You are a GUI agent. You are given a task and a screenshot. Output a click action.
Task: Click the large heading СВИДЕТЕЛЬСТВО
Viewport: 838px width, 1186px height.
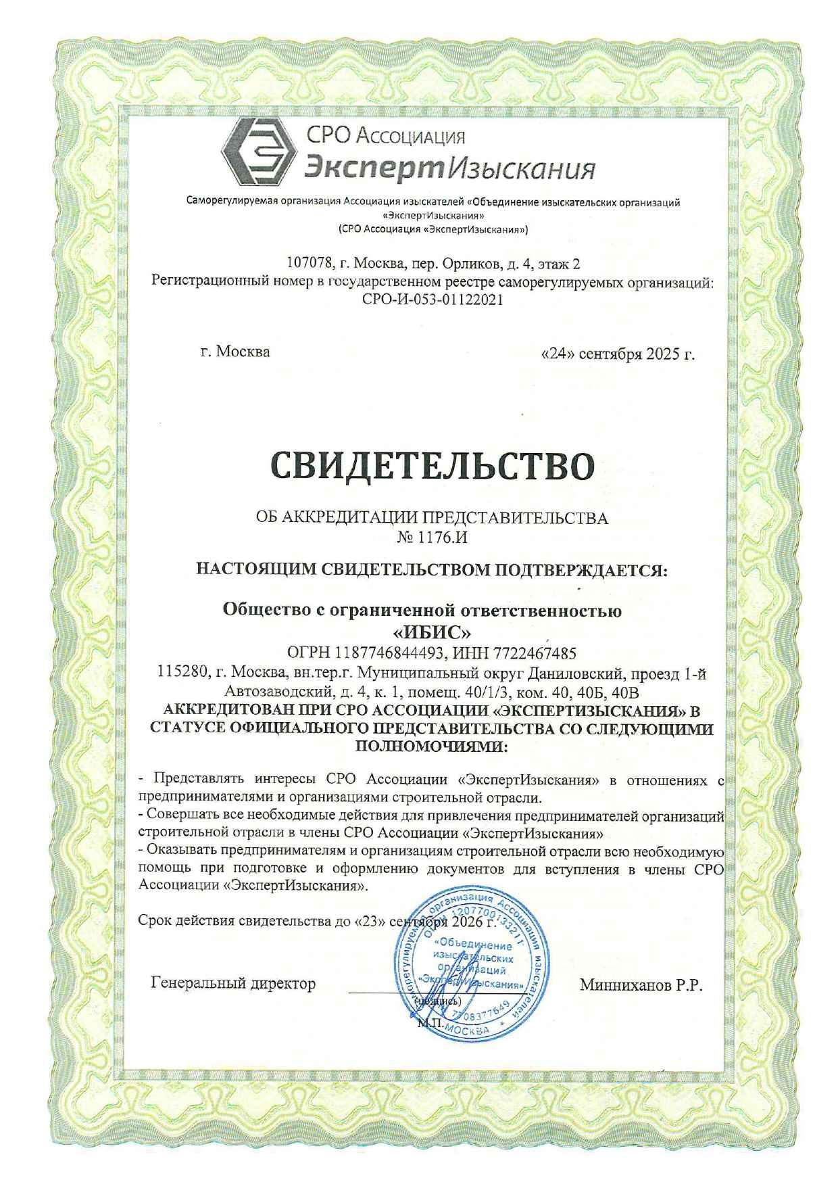(x=433, y=466)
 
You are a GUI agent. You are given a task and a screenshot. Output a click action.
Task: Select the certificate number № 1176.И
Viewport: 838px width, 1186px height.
(x=433, y=539)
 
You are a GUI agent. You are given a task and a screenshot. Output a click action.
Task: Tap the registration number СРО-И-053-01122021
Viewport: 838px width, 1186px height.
(x=433, y=300)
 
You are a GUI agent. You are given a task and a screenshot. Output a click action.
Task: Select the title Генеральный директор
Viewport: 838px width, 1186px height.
(x=233, y=983)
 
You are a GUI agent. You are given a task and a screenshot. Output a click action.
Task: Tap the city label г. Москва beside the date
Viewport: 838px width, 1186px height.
(x=235, y=352)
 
